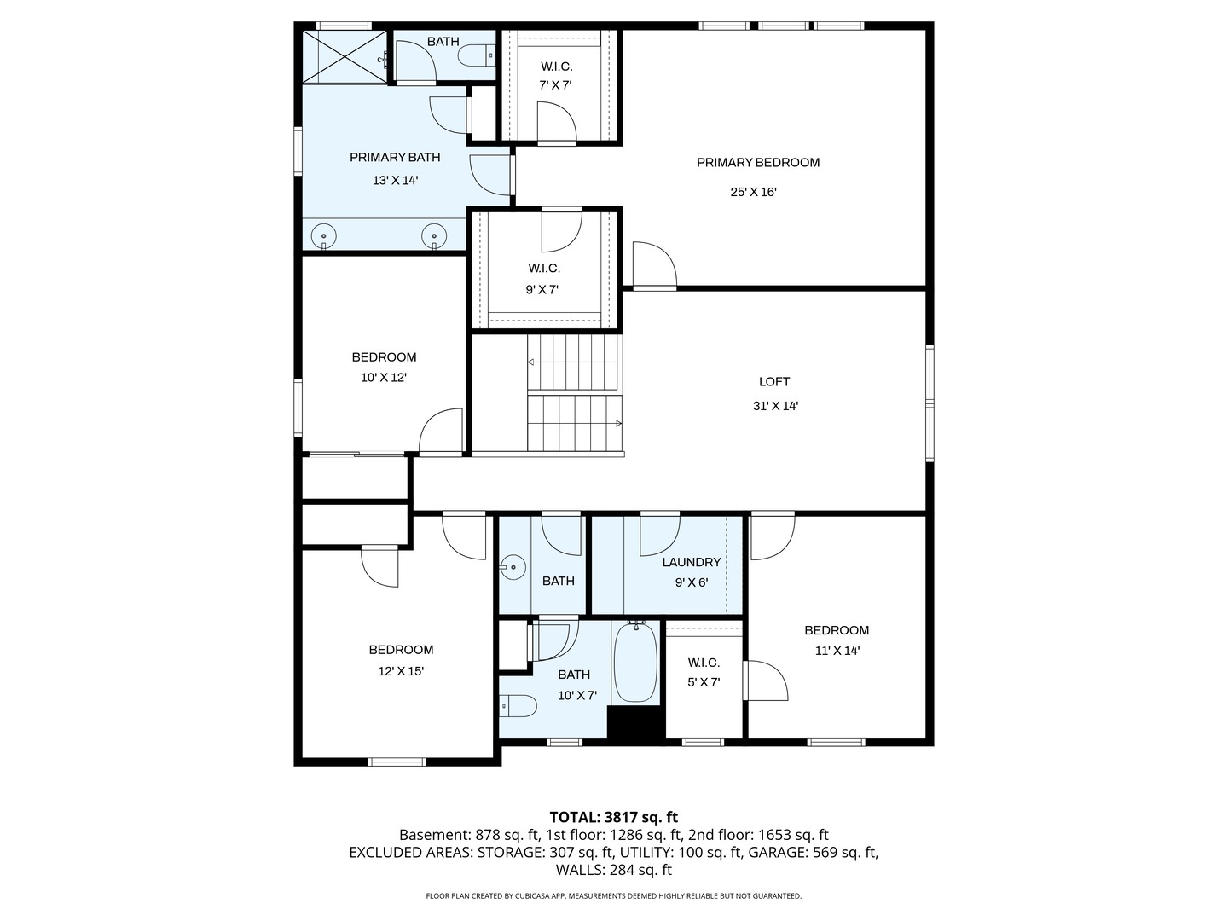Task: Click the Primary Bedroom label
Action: point(757,163)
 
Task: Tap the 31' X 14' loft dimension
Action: point(775,406)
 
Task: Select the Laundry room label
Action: point(692,562)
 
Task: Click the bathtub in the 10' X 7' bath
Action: point(635,662)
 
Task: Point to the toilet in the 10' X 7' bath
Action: point(518,706)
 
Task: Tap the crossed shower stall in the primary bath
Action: point(345,57)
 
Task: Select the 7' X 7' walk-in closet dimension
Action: point(555,85)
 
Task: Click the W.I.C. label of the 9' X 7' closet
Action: point(544,269)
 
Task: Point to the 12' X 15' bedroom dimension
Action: point(401,671)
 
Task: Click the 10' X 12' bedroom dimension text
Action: point(383,378)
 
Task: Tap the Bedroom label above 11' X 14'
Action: point(837,630)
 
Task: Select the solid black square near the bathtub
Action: point(635,724)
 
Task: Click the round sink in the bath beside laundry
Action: point(513,568)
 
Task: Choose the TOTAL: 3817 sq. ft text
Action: point(614,817)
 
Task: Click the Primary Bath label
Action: point(395,158)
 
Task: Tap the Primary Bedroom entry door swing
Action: point(655,265)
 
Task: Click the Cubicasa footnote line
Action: point(614,895)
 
